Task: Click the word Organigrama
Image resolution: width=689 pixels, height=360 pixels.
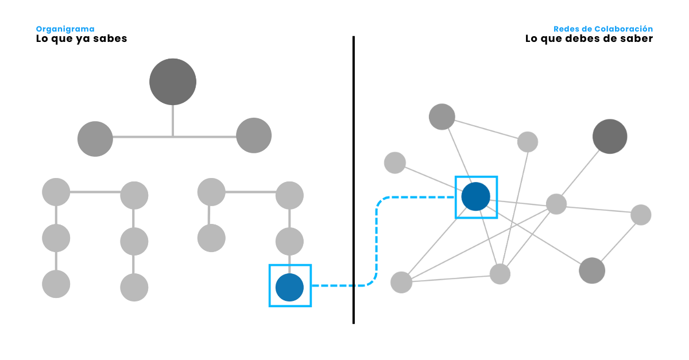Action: coord(65,29)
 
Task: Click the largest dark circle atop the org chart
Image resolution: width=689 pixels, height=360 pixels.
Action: coord(173,82)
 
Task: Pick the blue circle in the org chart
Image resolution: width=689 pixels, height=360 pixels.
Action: coord(289,288)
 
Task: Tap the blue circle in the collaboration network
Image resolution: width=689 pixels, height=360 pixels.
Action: coord(476,196)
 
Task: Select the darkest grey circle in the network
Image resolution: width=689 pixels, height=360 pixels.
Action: coord(610,137)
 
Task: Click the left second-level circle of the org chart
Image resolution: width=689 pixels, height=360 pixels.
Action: coord(95,138)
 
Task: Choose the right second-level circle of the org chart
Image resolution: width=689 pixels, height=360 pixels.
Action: coord(254,136)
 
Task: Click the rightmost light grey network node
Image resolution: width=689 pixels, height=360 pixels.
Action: coord(641,215)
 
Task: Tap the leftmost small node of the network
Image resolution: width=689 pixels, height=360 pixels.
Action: coord(395,162)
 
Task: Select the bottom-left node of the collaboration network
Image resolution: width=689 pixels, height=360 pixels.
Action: coord(401,282)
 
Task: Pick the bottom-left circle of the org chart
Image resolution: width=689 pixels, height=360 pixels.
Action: coord(56,284)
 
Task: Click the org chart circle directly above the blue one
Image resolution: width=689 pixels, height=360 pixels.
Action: coord(289,241)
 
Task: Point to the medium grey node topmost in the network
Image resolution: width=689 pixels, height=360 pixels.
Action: coord(442,117)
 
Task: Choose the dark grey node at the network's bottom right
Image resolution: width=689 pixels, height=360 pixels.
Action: coord(592,270)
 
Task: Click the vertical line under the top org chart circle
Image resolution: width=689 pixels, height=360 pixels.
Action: coord(173,121)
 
